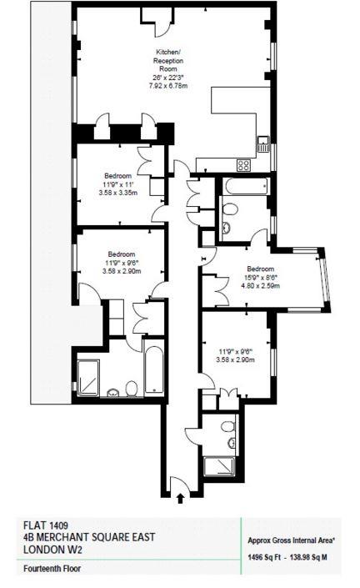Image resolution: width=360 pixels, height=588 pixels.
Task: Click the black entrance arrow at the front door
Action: pyautogui.click(x=181, y=498)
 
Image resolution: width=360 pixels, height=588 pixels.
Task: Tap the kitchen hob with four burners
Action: pyautogui.click(x=243, y=165)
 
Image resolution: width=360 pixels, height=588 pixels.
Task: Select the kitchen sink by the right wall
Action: pyautogui.click(x=263, y=144)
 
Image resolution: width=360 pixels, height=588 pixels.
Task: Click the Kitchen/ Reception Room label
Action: pyautogui.click(x=168, y=60)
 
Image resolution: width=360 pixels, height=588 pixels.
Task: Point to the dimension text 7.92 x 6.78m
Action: pyautogui.click(x=168, y=86)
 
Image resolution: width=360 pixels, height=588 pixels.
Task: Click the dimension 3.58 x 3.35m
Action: pyautogui.click(x=118, y=193)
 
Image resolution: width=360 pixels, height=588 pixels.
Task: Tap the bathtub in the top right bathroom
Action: pyautogui.click(x=246, y=186)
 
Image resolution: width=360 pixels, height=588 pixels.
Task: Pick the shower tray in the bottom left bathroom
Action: pyautogui.click(x=88, y=378)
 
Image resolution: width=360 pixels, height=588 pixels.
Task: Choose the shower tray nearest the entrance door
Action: pyautogui.click(x=219, y=466)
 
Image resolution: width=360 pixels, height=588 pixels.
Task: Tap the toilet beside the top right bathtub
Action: pyautogui.click(x=229, y=209)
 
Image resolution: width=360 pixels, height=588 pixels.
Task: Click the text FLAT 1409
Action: pyautogui.click(x=46, y=525)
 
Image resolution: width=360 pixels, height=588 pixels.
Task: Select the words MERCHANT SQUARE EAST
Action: pyautogui.click(x=96, y=537)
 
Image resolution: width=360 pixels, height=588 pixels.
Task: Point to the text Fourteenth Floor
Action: pyautogui.click(x=52, y=569)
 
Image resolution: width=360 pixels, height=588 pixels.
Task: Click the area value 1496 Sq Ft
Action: pyautogui.click(x=264, y=557)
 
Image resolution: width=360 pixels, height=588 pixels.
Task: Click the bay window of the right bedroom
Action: pyautogui.click(x=325, y=279)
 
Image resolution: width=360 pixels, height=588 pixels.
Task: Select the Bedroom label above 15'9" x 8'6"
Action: pyautogui.click(x=260, y=269)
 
